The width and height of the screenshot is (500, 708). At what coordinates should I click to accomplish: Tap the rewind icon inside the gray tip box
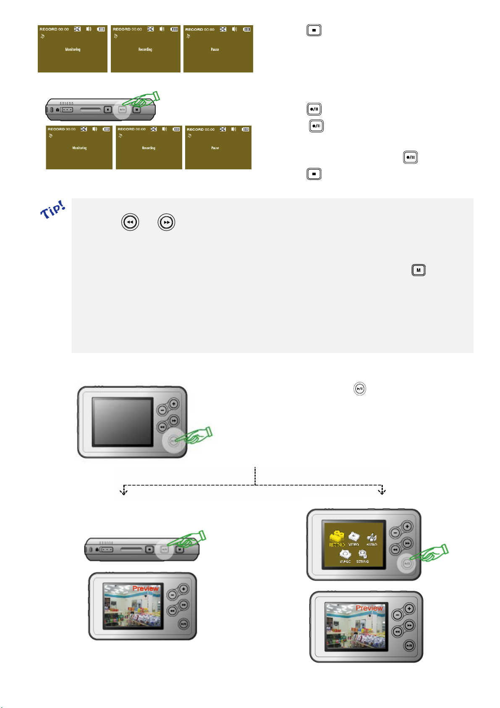click(130, 222)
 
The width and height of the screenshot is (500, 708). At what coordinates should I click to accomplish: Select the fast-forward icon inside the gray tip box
click(166, 222)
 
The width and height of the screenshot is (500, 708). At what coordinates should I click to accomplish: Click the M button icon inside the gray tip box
click(418, 270)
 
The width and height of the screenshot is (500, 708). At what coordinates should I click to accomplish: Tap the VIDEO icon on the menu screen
click(354, 537)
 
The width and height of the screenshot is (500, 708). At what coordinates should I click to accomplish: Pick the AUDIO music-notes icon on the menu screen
click(372, 538)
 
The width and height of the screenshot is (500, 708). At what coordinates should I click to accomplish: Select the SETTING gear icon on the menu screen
click(362, 555)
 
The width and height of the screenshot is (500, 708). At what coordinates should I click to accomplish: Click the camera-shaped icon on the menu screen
click(345, 555)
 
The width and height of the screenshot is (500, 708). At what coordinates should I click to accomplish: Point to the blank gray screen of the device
click(123, 421)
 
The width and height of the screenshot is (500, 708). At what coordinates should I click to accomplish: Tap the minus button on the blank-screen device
click(162, 410)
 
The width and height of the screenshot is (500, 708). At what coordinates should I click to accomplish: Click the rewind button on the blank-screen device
click(162, 427)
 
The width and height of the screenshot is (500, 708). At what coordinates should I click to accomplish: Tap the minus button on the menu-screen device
click(395, 533)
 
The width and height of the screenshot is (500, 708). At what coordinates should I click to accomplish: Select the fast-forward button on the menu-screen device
click(407, 543)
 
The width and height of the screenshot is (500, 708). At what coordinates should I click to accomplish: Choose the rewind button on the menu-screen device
click(395, 550)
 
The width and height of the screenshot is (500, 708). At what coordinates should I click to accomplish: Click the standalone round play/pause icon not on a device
click(359, 389)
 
